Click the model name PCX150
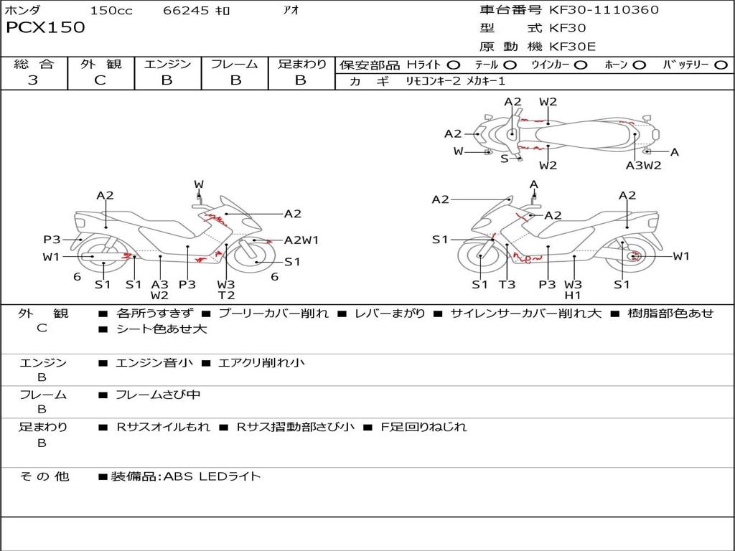[45, 28]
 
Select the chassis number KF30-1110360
[604, 10]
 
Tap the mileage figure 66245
[187, 11]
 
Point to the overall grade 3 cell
[33, 80]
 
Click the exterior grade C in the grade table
[100, 80]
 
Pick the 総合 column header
[34, 64]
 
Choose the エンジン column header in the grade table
[167, 64]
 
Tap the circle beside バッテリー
[721, 65]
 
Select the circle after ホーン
[639, 65]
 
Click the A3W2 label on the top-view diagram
[643, 166]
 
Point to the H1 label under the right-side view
[573, 296]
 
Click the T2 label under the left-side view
[226, 296]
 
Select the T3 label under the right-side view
[507, 285]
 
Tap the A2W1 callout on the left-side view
[301, 240]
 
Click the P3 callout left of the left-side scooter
[52, 240]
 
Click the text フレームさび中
[158, 395]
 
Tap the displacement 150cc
[111, 11]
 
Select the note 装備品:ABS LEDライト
[185, 476]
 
